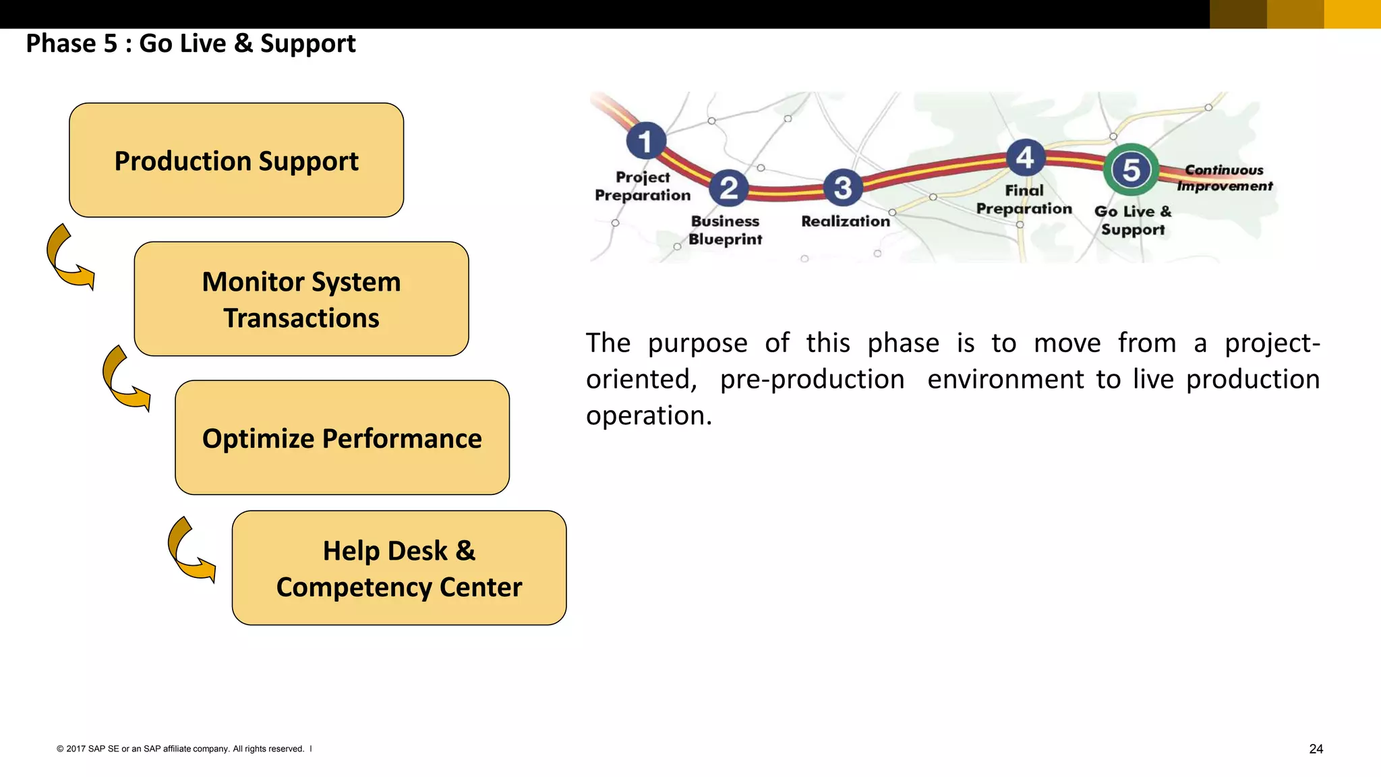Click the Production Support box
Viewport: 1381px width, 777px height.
click(236, 161)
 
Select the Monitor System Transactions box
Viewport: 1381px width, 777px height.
click(301, 299)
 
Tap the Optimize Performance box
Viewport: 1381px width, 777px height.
click(342, 438)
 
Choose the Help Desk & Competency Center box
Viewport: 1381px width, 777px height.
click(399, 568)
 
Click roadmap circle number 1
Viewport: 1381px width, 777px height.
click(646, 141)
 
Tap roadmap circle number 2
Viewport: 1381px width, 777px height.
click(729, 188)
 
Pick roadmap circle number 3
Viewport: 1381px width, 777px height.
click(843, 188)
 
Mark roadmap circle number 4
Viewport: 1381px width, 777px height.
click(1025, 157)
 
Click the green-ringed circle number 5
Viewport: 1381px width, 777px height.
click(1131, 169)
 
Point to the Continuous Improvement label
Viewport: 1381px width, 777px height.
click(1225, 178)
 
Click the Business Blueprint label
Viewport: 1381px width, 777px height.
click(725, 230)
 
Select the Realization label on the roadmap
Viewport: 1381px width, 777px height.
click(846, 221)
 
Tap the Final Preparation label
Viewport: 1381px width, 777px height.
click(1024, 200)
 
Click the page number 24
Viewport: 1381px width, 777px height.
click(1316, 749)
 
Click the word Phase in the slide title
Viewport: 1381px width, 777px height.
click(61, 44)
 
